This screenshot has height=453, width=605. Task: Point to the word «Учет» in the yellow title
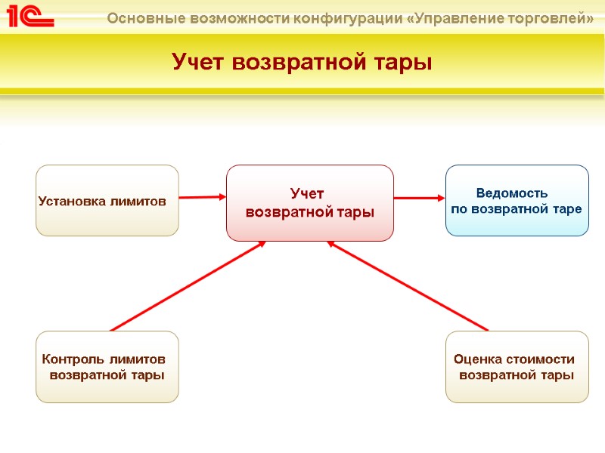200,62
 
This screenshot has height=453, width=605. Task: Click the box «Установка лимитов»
107,201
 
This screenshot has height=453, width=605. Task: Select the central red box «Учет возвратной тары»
310,203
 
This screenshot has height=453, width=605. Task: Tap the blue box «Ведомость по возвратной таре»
517,200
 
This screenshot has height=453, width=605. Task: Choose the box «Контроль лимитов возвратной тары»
107,367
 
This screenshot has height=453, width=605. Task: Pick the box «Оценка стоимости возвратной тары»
517,367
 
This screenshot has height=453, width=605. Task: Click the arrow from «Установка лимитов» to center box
203,197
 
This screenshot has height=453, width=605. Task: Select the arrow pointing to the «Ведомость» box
419,199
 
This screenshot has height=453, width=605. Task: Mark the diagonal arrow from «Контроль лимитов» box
188,285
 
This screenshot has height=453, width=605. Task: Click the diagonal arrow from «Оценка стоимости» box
408,285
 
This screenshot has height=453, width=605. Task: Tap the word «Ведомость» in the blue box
511,193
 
